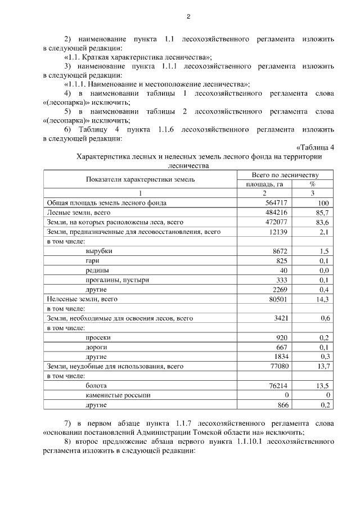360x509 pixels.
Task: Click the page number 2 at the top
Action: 189,16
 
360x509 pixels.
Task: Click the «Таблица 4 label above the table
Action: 315,148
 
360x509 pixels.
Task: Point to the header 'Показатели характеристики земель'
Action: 141,179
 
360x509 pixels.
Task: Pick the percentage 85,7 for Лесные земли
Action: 322,213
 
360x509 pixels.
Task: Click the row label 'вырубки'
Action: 99,251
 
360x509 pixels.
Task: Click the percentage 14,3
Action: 322,299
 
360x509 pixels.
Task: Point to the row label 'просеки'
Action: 98,337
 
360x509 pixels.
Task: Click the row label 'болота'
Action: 97,386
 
